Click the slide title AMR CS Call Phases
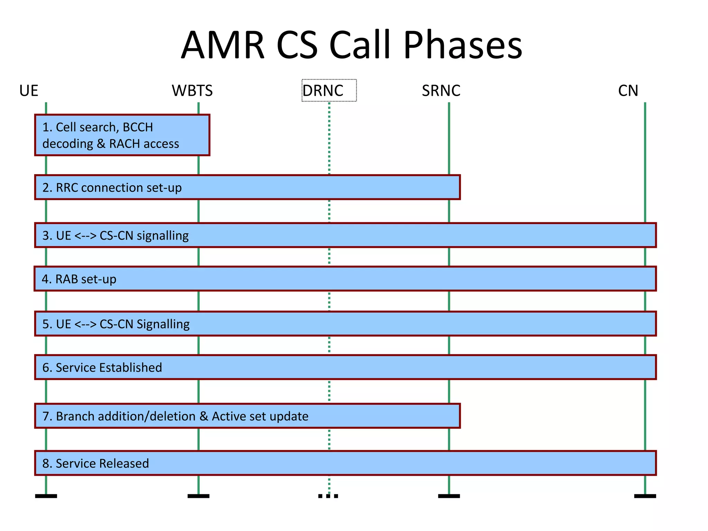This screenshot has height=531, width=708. pos(352,45)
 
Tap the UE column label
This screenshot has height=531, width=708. pos(29,91)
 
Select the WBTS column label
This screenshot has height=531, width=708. pos(192,91)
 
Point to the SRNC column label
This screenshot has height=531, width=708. pos(441,91)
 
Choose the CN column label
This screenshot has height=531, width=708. pos(628,91)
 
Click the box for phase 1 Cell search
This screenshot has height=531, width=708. pos(122,135)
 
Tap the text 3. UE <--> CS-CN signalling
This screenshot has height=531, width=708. pos(115,236)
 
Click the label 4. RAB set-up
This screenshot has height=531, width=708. pos(79,279)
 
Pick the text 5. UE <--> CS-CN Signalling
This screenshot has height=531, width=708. pos(116,324)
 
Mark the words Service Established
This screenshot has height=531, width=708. pos(109,367)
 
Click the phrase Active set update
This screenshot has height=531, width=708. pos(260,416)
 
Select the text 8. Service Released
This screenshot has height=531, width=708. pos(95,464)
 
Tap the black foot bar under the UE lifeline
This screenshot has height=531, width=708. pos(46,496)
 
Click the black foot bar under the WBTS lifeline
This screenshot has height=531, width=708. pos(198,496)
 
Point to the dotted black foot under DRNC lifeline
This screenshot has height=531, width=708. pos(328,496)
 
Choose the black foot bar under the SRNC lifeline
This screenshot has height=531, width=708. pos(449,496)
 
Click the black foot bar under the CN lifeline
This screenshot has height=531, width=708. pos(645,496)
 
